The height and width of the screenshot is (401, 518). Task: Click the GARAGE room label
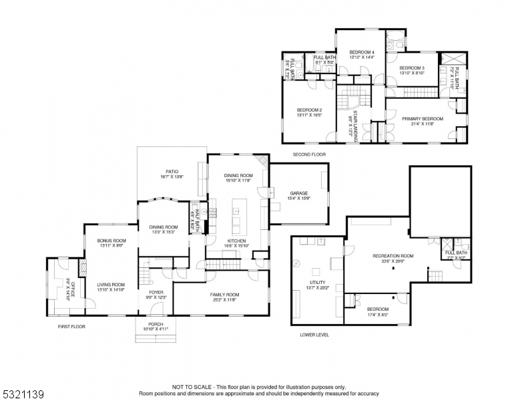point(299,193)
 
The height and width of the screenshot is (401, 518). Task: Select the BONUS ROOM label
point(111,241)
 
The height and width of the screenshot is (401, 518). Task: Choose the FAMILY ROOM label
point(224,295)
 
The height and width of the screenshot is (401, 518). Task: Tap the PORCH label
point(155,324)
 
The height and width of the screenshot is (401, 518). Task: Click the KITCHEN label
point(237,241)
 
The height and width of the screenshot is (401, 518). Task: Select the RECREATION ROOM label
point(393,255)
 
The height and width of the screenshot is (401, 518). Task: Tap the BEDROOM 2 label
point(309,110)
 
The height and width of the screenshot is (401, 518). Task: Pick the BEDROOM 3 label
point(412,68)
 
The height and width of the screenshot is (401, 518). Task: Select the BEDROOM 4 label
point(362,52)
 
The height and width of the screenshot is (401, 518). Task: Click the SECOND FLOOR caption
point(309,154)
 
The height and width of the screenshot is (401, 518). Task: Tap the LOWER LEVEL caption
point(314,335)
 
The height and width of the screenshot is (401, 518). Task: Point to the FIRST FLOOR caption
point(71,327)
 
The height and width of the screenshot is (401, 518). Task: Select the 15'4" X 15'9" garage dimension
point(299,198)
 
